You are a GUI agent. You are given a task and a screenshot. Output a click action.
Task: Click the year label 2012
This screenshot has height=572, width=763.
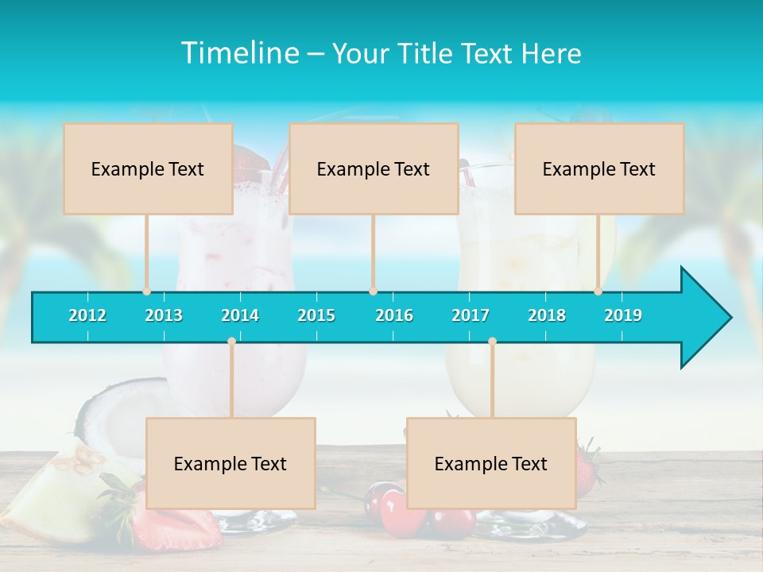pos(87,315)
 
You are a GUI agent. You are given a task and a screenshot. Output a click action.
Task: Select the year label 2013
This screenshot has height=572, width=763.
pos(164,315)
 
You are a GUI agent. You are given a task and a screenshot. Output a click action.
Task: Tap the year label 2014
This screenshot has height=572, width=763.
pos(240,315)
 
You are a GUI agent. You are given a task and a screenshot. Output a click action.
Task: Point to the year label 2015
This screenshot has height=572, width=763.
pos(316,315)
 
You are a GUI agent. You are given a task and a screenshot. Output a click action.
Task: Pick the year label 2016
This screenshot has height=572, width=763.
pos(394,315)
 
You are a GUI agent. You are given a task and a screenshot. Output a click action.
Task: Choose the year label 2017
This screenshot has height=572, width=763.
pos(471,315)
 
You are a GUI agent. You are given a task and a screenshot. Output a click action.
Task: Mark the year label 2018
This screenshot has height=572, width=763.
pos(547,315)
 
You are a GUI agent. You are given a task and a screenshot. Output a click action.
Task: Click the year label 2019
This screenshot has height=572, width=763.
pos(623,315)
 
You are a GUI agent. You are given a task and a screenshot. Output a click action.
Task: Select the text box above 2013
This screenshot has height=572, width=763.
pos(148,169)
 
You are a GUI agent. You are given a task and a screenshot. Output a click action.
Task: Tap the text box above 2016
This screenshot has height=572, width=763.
pos(374,169)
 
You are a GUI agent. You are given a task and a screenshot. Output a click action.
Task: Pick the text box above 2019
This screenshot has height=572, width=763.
pos(599,169)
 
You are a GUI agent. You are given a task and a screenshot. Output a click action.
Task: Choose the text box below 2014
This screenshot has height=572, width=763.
pos(230,464)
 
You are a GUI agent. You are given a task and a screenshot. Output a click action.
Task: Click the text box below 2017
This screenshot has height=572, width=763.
pos(491,464)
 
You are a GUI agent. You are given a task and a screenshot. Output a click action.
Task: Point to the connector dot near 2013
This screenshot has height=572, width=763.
pos(147,292)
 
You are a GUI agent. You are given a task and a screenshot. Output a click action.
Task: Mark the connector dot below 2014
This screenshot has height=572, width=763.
pos(231,342)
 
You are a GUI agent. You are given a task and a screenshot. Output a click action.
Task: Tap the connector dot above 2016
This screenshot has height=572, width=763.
pos(373,292)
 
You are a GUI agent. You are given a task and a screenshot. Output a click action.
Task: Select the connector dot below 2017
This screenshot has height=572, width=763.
pos(492,342)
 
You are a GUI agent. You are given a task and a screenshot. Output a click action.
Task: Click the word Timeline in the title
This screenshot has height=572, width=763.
pos(239,53)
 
